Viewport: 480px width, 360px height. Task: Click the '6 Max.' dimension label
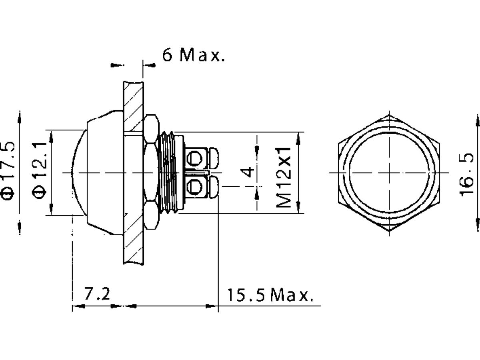tap(193, 55)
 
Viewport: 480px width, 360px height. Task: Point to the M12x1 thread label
tap(284, 176)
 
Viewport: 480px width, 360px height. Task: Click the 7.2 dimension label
tap(97, 295)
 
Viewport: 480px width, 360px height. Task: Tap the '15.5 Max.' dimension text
tap(269, 296)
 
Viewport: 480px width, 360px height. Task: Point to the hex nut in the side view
tap(151, 172)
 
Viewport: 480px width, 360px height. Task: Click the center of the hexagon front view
tap(390, 173)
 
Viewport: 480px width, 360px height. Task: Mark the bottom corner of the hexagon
tap(390, 231)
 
